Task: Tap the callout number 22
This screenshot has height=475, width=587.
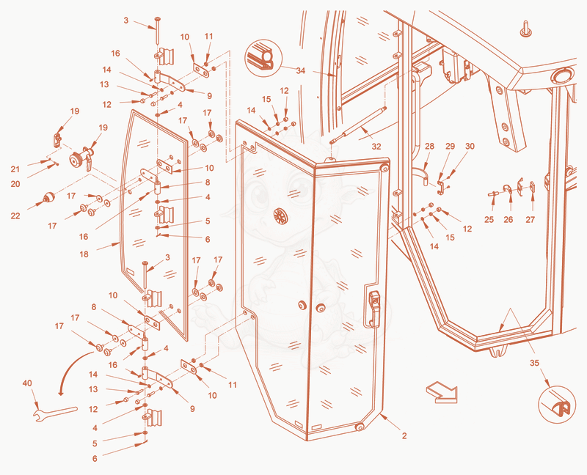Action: click(x=15, y=216)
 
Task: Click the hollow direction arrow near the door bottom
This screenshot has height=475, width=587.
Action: click(x=442, y=392)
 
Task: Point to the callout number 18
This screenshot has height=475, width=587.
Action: click(x=84, y=254)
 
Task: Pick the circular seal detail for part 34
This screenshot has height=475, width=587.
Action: click(x=262, y=59)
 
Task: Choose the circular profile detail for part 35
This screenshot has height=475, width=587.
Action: click(x=557, y=405)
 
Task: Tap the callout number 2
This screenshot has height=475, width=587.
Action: click(x=404, y=435)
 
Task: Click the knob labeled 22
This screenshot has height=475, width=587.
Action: click(x=48, y=197)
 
